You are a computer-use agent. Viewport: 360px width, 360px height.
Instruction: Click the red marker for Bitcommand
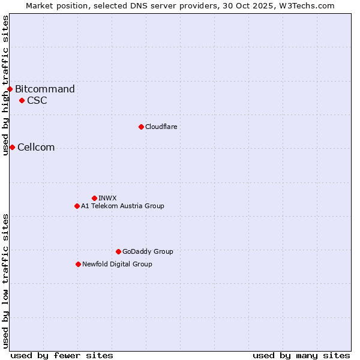(10, 89)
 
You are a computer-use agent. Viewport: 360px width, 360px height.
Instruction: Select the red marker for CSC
(22, 100)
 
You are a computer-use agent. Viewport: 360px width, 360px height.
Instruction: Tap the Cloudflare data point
(141, 127)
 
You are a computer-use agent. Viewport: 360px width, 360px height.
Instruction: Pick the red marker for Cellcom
(12, 148)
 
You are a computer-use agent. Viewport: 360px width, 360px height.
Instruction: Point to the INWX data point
(94, 198)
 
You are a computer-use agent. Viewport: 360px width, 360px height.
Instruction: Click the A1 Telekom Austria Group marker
(77, 206)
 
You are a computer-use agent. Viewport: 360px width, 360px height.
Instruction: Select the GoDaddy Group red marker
(118, 251)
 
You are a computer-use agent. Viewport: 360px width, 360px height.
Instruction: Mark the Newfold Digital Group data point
(78, 264)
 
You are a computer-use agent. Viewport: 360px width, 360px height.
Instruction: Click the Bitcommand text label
(45, 89)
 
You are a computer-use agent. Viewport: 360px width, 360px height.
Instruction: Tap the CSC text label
(37, 100)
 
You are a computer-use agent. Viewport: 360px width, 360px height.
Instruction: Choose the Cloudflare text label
(161, 127)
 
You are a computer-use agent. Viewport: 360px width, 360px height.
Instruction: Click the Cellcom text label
(36, 148)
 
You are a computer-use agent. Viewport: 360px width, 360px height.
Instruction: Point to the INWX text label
(108, 198)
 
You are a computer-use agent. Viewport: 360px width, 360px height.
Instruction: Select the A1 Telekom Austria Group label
(122, 206)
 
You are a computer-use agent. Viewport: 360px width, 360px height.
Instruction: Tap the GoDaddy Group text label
(148, 251)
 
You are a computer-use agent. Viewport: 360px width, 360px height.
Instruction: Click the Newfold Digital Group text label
(117, 264)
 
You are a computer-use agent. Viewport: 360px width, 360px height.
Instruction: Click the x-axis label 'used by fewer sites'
(62, 355)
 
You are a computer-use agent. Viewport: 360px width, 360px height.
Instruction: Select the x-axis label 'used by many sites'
(301, 355)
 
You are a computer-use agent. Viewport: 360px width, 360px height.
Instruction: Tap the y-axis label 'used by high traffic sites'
(5, 85)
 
